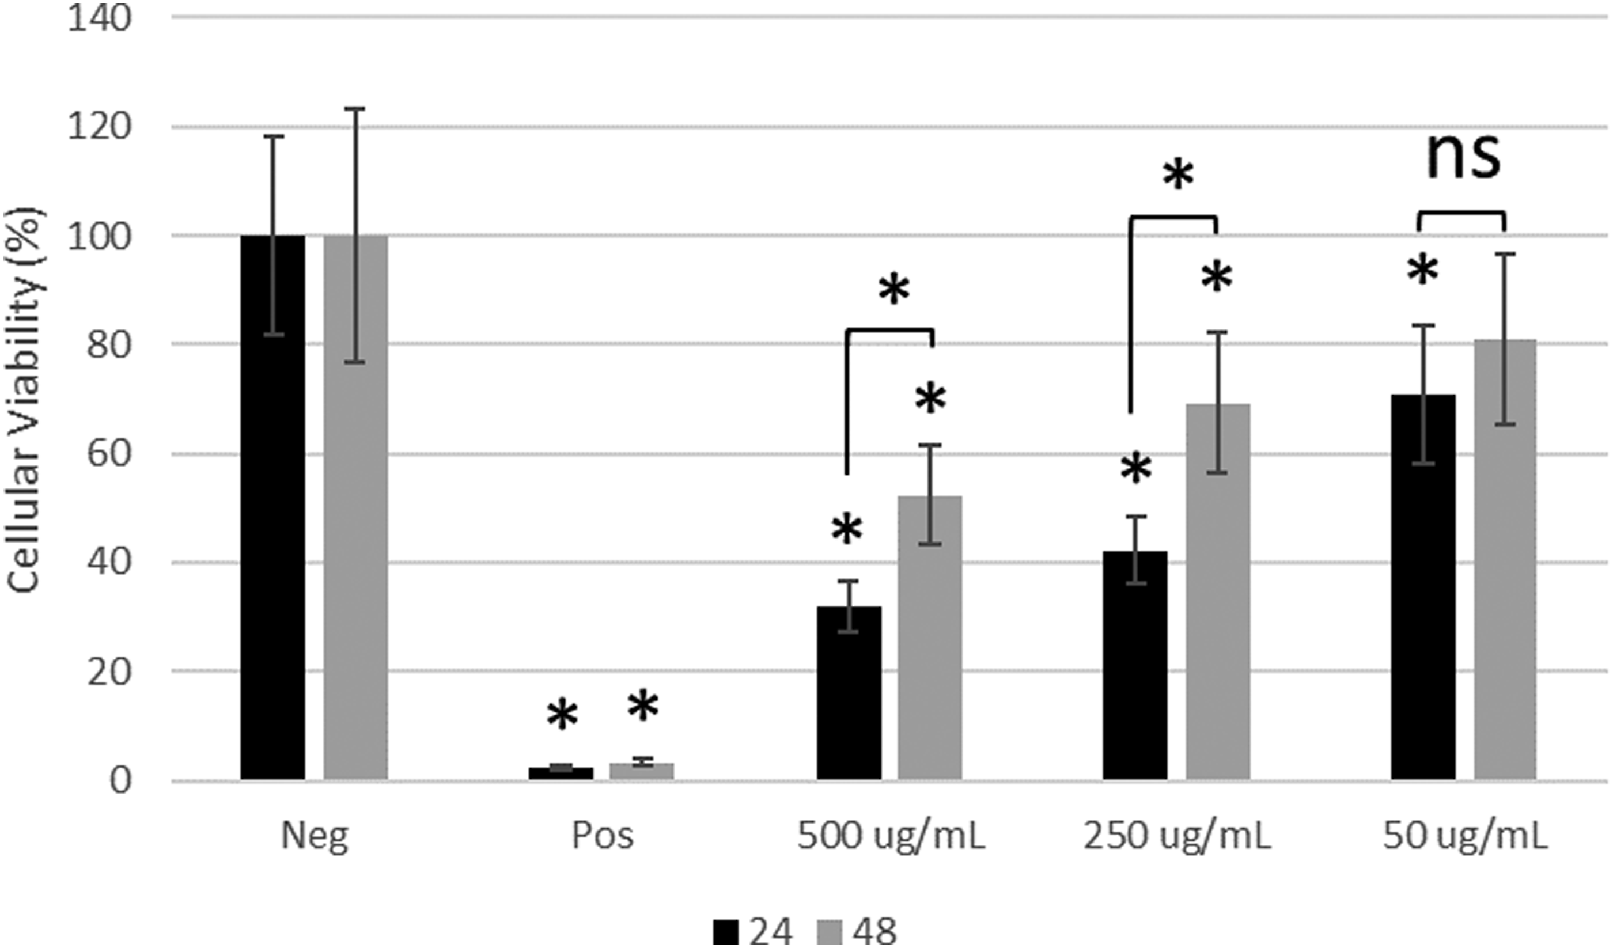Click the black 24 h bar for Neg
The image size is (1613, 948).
tap(272, 507)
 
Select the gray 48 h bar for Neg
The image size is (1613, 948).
tap(355, 507)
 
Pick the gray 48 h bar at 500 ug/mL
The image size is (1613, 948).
tap(929, 638)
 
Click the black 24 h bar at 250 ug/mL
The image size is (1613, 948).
tap(1135, 666)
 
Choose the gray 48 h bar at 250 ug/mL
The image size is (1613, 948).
tap(1217, 592)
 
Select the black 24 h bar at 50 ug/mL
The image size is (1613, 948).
tap(1423, 587)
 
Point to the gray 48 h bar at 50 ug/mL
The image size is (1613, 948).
tap(1505, 560)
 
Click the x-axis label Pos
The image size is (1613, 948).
tap(603, 835)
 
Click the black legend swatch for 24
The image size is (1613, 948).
tap(726, 931)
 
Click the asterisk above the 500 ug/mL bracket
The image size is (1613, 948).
tap(893, 290)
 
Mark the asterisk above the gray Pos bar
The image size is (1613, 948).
tap(643, 706)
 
